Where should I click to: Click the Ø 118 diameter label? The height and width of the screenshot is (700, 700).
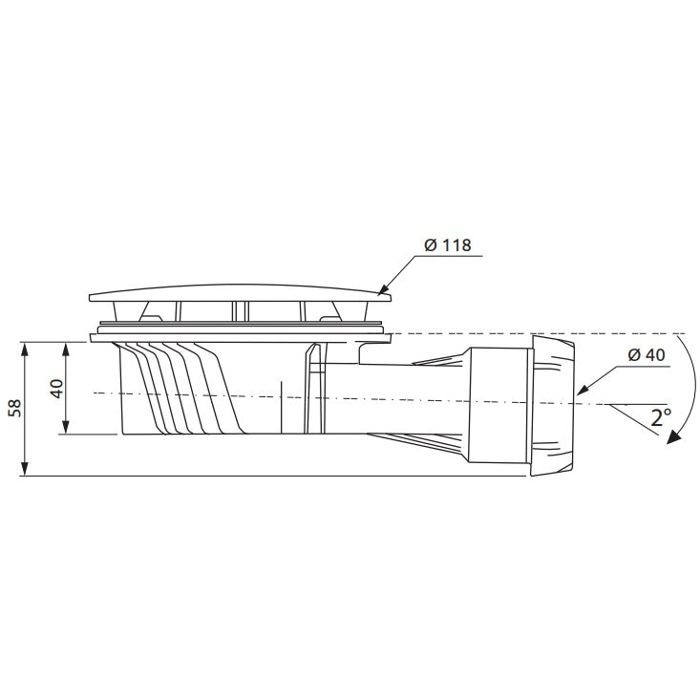[x=447, y=245]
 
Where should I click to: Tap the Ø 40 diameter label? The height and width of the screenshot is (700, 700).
[x=647, y=355]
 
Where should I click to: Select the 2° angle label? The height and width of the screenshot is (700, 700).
[x=661, y=417]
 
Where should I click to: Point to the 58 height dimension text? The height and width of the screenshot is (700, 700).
[x=15, y=408]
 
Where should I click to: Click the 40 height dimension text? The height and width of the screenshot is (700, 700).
[x=56, y=388]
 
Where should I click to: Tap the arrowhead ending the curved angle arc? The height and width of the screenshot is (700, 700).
[x=674, y=437]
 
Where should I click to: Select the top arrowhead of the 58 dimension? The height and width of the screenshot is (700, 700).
[x=25, y=350]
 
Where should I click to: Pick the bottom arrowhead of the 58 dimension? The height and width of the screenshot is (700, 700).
[x=25, y=468]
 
